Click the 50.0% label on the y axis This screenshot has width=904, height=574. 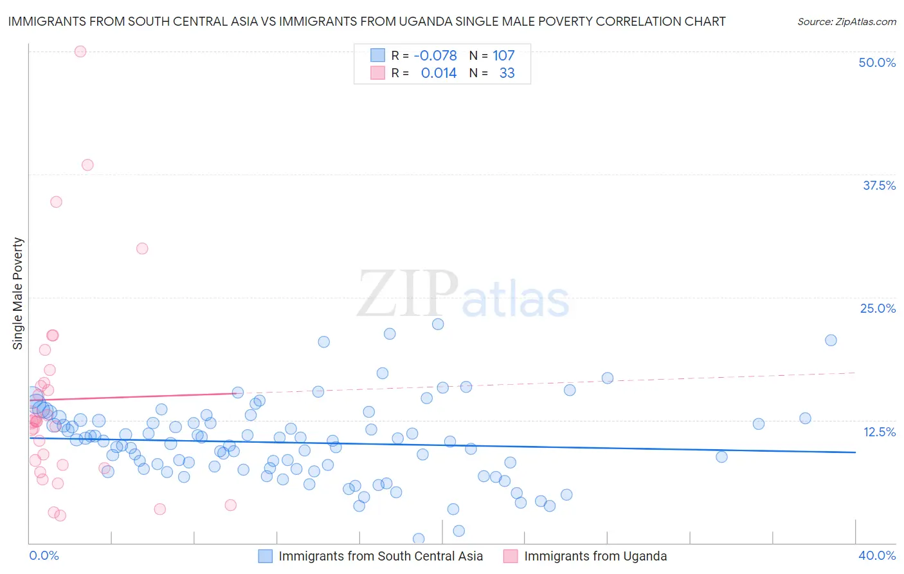[x=877, y=62]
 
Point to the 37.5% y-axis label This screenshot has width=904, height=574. [x=879, y=185]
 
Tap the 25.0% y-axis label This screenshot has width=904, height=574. [x=878, y=308]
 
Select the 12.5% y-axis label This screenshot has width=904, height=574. [x=879, y=432]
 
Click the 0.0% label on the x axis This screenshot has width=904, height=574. [x=44, y=555]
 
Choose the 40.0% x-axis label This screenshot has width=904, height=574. [x=877, y=555]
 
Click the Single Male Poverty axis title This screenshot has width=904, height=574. [x=18, y=293]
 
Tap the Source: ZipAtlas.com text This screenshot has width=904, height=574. [x=846, y=21]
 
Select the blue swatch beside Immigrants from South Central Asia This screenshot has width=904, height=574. [x=266, y=556]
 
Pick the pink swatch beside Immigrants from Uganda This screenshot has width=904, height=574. [x=511, y=556]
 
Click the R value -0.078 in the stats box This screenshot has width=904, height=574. [x=435, y=55]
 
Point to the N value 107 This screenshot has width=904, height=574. [x=503, y=55]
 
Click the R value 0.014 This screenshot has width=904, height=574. [x=438, y=73]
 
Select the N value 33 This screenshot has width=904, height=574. [x=507, y=73]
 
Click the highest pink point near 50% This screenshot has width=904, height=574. [x=80, y=51]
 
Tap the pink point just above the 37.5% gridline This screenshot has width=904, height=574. [x=87, y=165]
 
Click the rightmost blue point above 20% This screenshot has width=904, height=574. [x=831, y=340]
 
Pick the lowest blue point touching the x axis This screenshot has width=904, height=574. [x=419, y=539]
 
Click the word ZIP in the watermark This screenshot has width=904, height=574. [x=408, y=294]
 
